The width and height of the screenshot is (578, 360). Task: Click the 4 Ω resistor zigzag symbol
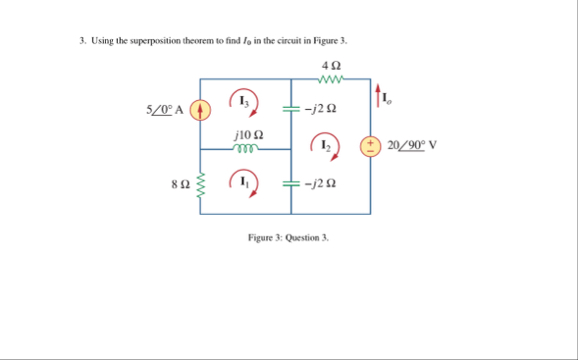(x=331, y=79)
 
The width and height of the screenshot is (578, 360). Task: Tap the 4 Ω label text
(x=331, y=65)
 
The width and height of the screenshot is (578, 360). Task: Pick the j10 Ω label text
(x=247, y=134)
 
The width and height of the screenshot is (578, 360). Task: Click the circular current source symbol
(x=200, y=108)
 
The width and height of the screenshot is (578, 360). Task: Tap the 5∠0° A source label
(x=165, y=108)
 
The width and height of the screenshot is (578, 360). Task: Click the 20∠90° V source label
(x=412, y=145)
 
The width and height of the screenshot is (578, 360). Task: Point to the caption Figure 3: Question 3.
(x=288, y=238)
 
